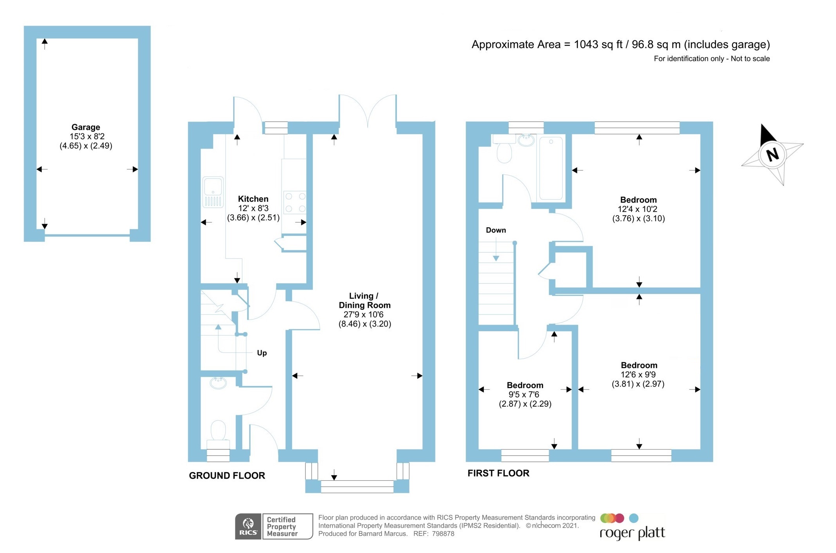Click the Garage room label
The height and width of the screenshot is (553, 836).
[x=86, y=127]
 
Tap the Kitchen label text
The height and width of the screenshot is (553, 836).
[x=253, y=199]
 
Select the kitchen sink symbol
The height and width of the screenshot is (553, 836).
[x=213, y=192]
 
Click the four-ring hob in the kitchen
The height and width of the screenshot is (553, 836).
[x=295, y=202]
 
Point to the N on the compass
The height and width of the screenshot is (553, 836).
[x=772, y=154]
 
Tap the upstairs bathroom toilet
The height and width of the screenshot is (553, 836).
[x=504, y=151]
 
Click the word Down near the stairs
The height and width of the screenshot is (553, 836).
[x=496, y=230]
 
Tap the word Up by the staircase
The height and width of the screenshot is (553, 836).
[x=262, y=353]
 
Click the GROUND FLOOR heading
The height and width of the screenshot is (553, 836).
[x=227, y=476]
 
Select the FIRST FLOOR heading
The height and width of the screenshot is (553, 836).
[x=498, y=473]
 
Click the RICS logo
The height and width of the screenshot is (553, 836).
[x=248, y=526]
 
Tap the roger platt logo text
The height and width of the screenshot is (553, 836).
[x=632, y=533]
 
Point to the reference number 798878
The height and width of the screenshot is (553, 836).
[x=443, y=534]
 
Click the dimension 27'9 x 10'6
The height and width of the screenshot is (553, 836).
[x=364, y=314]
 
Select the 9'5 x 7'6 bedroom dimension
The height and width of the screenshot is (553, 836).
[x=524, y=394]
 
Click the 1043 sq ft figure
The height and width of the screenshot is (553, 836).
[x=598, y=45]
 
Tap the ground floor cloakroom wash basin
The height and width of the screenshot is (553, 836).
[x=218, y=382]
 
